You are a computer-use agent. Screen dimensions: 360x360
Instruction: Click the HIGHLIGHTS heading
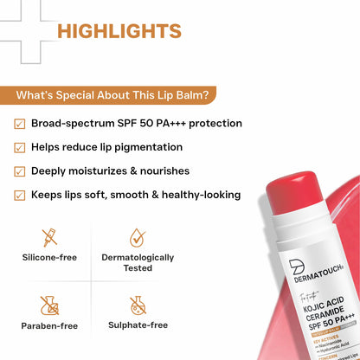119,31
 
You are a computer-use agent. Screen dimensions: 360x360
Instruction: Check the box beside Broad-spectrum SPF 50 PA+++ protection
19,124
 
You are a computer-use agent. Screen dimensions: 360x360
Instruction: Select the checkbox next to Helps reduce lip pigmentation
19,147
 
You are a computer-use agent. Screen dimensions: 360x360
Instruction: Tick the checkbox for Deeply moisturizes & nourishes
19,171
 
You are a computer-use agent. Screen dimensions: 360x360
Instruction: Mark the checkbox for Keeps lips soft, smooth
19,195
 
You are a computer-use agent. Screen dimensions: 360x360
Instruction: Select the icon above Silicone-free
50,236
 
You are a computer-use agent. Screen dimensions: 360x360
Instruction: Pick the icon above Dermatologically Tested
137,236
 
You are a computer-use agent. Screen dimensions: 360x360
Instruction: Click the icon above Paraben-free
50,305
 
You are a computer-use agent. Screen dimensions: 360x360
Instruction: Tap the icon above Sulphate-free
137,305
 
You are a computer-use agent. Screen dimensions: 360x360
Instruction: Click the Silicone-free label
50,258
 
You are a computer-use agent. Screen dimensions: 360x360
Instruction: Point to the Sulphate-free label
137,326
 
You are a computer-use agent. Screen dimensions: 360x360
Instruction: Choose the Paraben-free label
50,326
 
